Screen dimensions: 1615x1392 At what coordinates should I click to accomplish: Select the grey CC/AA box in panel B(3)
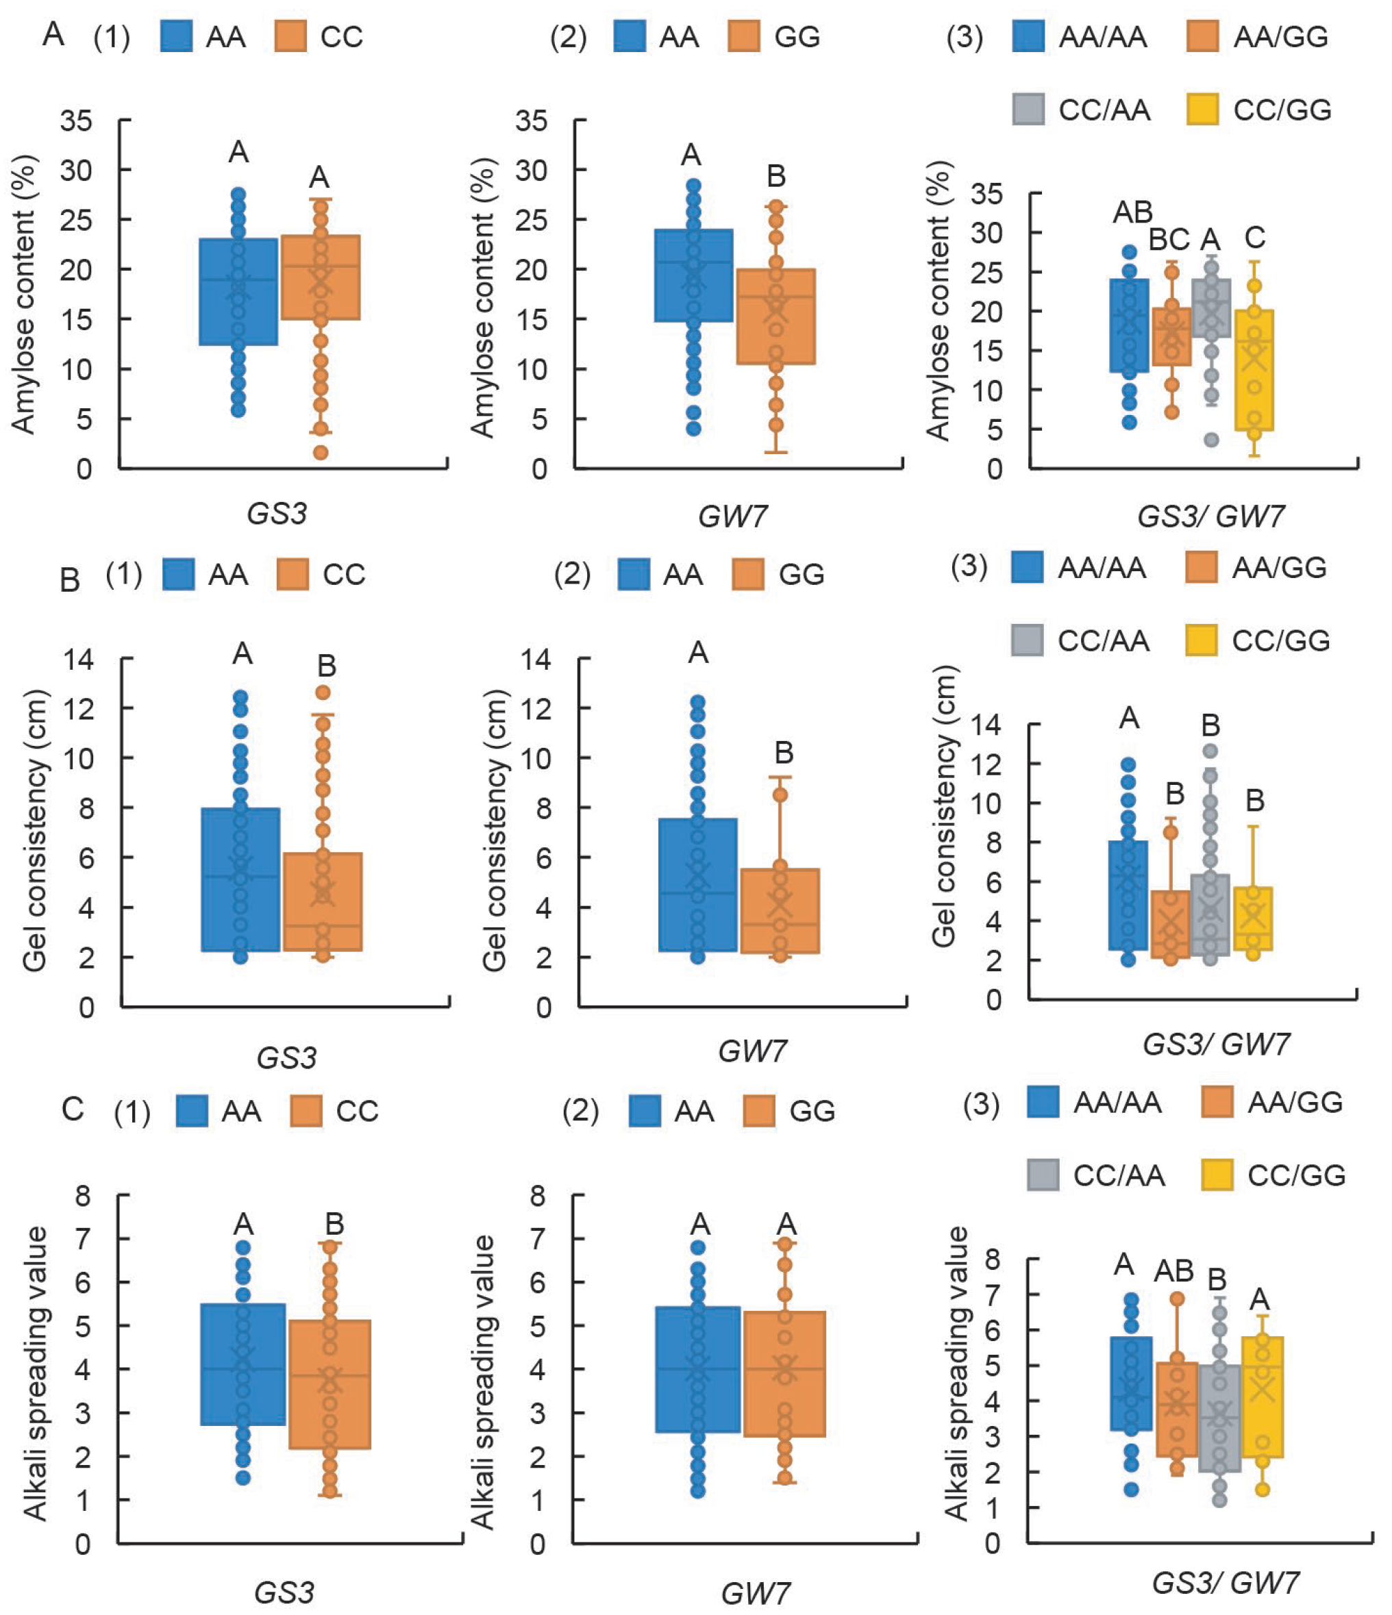click(x=1210, y=915)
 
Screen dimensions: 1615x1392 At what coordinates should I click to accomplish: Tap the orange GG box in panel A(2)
click(x=775, y=316)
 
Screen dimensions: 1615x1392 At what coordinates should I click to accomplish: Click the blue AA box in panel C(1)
click(x=243, y=1364)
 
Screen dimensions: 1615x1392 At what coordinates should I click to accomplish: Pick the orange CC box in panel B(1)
click(x=323, y=902)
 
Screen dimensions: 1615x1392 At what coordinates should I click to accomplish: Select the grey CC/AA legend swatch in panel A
click(x=1029, y=109)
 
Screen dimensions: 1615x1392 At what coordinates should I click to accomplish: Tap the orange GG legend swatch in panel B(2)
click(x=748, y=575)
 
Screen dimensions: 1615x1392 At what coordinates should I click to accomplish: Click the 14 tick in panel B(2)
click(x=536, y=660)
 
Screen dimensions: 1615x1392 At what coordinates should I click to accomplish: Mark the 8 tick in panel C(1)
click(x=82, y=1195)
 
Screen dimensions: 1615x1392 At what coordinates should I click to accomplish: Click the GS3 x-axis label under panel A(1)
click(x=277, y=514)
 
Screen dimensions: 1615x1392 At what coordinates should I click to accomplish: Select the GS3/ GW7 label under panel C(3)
click(x=1226, y=1583)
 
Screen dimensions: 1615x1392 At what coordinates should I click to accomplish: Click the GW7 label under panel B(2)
click(x=752, y=1052)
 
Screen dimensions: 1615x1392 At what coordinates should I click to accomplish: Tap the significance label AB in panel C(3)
click(x=1173, y=1271)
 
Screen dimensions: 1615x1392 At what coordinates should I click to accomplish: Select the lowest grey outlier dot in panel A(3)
click(x=1211, y=440)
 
